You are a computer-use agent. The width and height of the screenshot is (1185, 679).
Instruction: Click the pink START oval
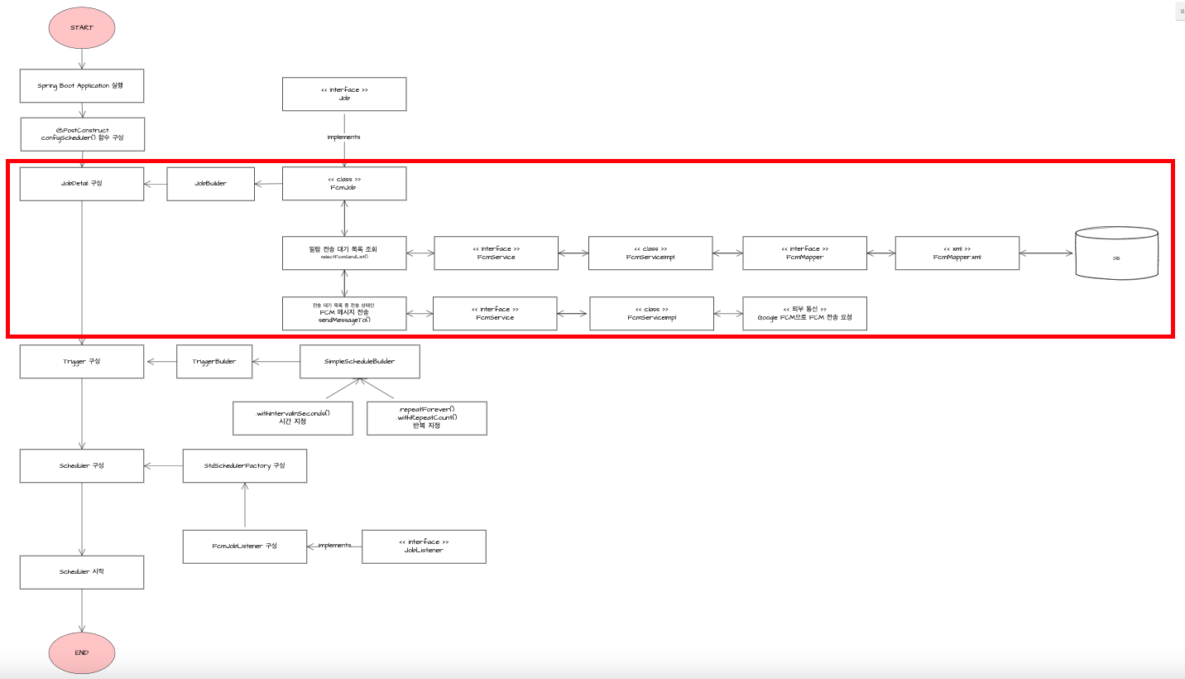pos(82,27)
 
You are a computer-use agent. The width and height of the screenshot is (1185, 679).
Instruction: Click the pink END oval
pos(82,653)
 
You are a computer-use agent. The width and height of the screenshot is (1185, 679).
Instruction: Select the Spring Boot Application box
pos(82,85)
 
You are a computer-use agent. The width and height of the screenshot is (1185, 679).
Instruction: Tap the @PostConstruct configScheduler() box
pos(82,134)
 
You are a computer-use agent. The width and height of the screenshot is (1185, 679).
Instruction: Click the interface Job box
pos(344,94)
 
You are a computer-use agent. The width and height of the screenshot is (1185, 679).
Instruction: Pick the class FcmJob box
pos(344,184)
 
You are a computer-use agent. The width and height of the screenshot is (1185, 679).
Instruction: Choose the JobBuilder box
pos(210,184)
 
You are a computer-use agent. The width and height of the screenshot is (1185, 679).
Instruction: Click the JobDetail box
pos(82,184)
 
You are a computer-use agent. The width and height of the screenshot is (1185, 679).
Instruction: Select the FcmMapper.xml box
pos(957,253)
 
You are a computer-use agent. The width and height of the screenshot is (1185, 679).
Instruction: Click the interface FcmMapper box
pos(804,253)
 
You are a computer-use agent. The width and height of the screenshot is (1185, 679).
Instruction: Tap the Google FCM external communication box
pos(804,313)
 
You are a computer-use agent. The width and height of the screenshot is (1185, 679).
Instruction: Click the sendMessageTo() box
pos(344,313)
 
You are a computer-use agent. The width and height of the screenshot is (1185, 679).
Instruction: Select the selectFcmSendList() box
pos(344,253)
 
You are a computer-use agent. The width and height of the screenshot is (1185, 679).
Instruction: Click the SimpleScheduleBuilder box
pos(359,362)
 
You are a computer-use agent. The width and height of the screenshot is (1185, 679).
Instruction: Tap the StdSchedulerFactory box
pos(245,466)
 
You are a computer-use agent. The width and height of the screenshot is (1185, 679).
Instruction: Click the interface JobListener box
pos(424,547)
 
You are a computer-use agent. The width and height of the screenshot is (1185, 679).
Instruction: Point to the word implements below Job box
pos(344,137)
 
